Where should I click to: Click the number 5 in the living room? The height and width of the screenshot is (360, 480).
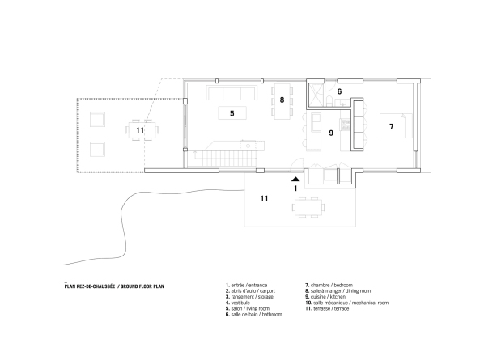tap(232, 114)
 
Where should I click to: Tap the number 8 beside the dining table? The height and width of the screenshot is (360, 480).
tap(282, 100)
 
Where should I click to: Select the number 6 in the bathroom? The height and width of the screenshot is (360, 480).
tap(339, 91)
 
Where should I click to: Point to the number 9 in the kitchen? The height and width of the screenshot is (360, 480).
tap(330, 131)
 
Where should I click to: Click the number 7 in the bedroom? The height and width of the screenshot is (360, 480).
tap(391, 127)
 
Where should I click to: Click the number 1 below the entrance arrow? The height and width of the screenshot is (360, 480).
tap(296, 188)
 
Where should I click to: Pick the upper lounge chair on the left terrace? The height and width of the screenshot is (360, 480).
tap(96, 121)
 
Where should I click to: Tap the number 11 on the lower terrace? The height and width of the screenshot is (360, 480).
tap(264, 197)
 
